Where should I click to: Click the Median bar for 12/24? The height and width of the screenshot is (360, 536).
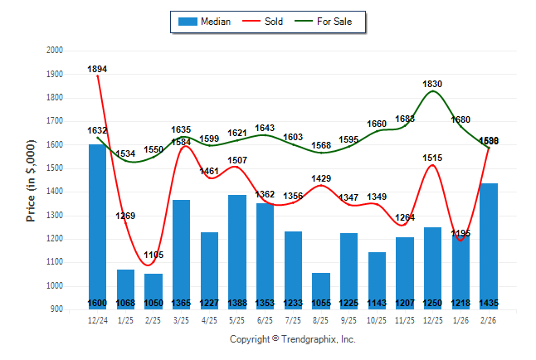(98, 224)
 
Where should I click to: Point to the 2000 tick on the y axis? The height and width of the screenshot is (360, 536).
(55, 51)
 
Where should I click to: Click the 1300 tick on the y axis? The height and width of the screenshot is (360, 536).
(55, 216)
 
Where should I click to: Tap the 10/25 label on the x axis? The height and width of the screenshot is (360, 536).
(378, 319)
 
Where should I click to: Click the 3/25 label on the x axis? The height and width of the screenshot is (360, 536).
(182, 319)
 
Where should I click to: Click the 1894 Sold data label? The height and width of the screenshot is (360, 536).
(98, 69)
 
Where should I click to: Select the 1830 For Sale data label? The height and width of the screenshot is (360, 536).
(433, 84)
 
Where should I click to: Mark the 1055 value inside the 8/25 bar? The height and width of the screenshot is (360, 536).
(322, 303)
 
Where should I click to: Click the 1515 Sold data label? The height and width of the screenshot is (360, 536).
(433, 158)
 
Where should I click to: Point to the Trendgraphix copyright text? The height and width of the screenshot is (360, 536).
(292, 339)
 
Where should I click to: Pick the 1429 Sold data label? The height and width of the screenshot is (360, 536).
(322, 178)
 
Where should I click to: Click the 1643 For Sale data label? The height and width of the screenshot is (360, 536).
(266, 128)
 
